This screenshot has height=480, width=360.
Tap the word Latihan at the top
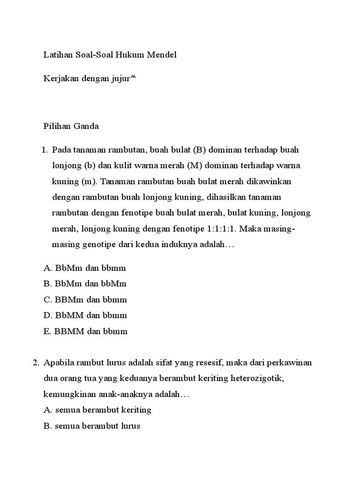(x=58, y=55)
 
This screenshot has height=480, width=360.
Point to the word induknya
(x=180, y=245)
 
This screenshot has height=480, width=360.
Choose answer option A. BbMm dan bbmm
(x=85, y=268)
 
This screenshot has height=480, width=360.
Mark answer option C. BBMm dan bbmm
(x=85, y=300)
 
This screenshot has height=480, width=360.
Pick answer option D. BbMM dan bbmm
(x=85, y=315)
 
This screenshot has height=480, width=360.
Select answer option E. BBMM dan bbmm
(x=86, y=331)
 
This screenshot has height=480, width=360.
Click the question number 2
(x=35, y=363)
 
